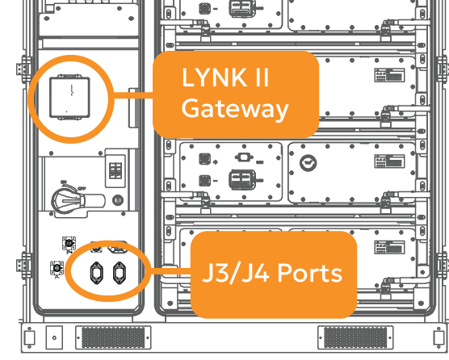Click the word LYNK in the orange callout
click(214, 77)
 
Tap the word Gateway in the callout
click(235, 109)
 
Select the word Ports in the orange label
click(310, 273)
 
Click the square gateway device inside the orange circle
click(69, 98)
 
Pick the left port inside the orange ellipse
click(96, 273)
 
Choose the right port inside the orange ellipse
click(120, 273)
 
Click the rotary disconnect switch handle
click(78, 201)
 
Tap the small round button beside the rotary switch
click(118, 200)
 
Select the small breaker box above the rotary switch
click(115, 171)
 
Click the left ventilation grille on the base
click(113, 337)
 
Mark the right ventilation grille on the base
click(355, 337)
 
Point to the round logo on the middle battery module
click(308, 163)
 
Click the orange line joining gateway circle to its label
click(133, 95)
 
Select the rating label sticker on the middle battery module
click(389, 161)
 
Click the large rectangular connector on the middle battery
click(243, 179)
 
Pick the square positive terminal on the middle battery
click(205, 159)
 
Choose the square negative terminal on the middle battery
click(205, 181)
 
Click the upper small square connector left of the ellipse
click(69, 244)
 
